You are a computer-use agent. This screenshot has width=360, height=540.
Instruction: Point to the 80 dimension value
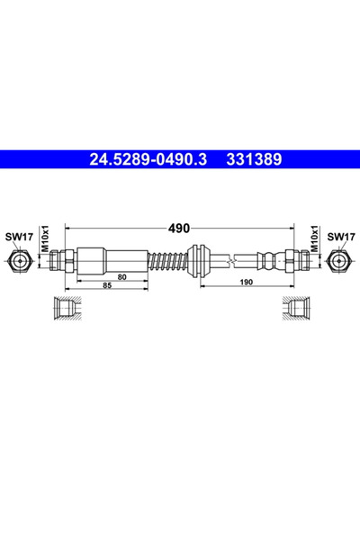click(147, 278)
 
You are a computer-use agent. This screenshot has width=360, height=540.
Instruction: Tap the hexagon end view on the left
click(21, 262)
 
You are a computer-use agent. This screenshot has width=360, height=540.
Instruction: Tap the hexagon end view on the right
click(338, 262)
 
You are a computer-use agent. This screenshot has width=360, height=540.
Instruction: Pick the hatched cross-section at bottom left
click(66, 308)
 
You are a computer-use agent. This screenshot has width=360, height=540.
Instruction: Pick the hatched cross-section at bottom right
click(293, 308)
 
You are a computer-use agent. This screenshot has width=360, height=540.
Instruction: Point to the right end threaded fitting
click(297, 261)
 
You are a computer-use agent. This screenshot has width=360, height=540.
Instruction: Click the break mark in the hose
click(237, 261)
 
